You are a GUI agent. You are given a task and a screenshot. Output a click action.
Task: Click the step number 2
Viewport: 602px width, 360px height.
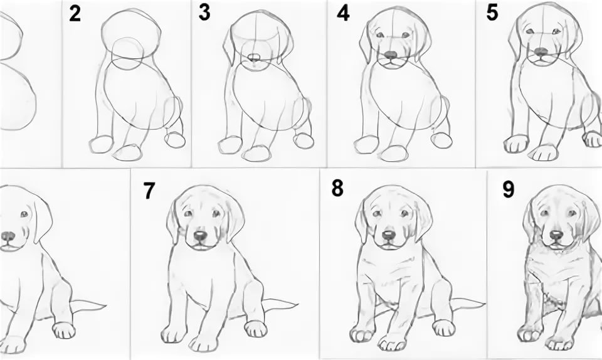[75, 14]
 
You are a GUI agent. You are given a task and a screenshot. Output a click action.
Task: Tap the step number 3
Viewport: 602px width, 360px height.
[204, 13]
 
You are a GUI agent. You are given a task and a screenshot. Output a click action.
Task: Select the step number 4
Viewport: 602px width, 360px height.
[343, 13]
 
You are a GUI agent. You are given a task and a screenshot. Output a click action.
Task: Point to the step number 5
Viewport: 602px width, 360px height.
[492, 13]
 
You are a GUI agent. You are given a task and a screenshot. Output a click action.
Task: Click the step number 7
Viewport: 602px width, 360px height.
[149, 191]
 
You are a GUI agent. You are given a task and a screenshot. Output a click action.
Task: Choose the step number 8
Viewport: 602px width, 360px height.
[337, 188]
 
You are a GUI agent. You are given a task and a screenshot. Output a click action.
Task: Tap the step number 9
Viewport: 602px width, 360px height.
[508, 189]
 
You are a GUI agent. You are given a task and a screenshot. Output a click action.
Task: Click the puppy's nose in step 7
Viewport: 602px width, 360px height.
[200, 235]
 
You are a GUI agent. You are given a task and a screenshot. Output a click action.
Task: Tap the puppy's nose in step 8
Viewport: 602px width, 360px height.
[389, 235]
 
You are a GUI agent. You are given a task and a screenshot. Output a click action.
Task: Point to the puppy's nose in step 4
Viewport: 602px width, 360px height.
[391, 55]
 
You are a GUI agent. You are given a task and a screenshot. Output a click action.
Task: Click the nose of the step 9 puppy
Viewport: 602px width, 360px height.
[556, 234]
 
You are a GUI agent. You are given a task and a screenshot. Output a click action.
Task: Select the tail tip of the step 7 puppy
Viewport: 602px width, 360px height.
[298, 305]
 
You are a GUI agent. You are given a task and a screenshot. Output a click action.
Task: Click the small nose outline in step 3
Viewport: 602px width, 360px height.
[254, 58]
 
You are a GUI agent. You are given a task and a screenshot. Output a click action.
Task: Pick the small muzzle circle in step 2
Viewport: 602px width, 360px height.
[127, 54]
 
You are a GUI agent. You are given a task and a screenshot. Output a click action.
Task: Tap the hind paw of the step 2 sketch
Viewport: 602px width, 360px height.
[175, 140]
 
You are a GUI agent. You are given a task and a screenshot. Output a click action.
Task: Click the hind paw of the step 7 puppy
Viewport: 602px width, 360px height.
[256, 329]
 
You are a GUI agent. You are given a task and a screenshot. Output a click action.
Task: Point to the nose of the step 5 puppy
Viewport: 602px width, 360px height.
[541, 51]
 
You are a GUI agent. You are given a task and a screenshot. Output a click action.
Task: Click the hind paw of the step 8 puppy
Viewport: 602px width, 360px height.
[443, 328]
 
